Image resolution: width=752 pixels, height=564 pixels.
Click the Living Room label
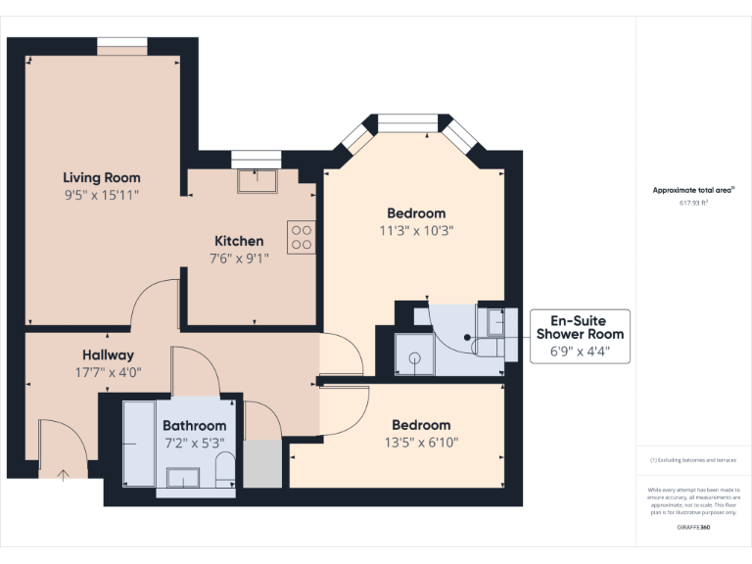(102, 177)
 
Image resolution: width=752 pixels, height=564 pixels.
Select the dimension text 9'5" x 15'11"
(102, 195)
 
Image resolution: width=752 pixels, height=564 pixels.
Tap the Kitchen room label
(239, 241)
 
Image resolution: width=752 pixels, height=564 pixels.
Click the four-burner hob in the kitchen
(301, 237)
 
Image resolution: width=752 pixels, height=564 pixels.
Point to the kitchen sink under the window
(257, 180)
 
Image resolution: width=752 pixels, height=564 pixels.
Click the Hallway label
(108, 354)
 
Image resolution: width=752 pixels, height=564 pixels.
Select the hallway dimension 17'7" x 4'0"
(108, 372)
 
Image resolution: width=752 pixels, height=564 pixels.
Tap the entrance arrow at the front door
(65, 475)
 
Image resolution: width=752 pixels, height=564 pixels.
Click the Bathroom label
(194, 426)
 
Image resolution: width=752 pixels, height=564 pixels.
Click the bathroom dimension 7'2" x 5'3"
(194, 443)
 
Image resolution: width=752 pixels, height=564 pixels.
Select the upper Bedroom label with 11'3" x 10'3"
(416, 213)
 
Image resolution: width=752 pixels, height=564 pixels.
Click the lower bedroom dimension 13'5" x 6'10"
(421, 442)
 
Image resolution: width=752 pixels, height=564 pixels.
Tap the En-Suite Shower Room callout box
(580, 336)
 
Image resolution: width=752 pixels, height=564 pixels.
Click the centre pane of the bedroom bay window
(408, 122)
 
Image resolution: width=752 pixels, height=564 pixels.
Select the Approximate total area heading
(693, 190)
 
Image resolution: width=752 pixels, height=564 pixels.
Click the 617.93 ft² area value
(693, 203)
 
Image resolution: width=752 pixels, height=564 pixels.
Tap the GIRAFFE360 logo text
(693, 528)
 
